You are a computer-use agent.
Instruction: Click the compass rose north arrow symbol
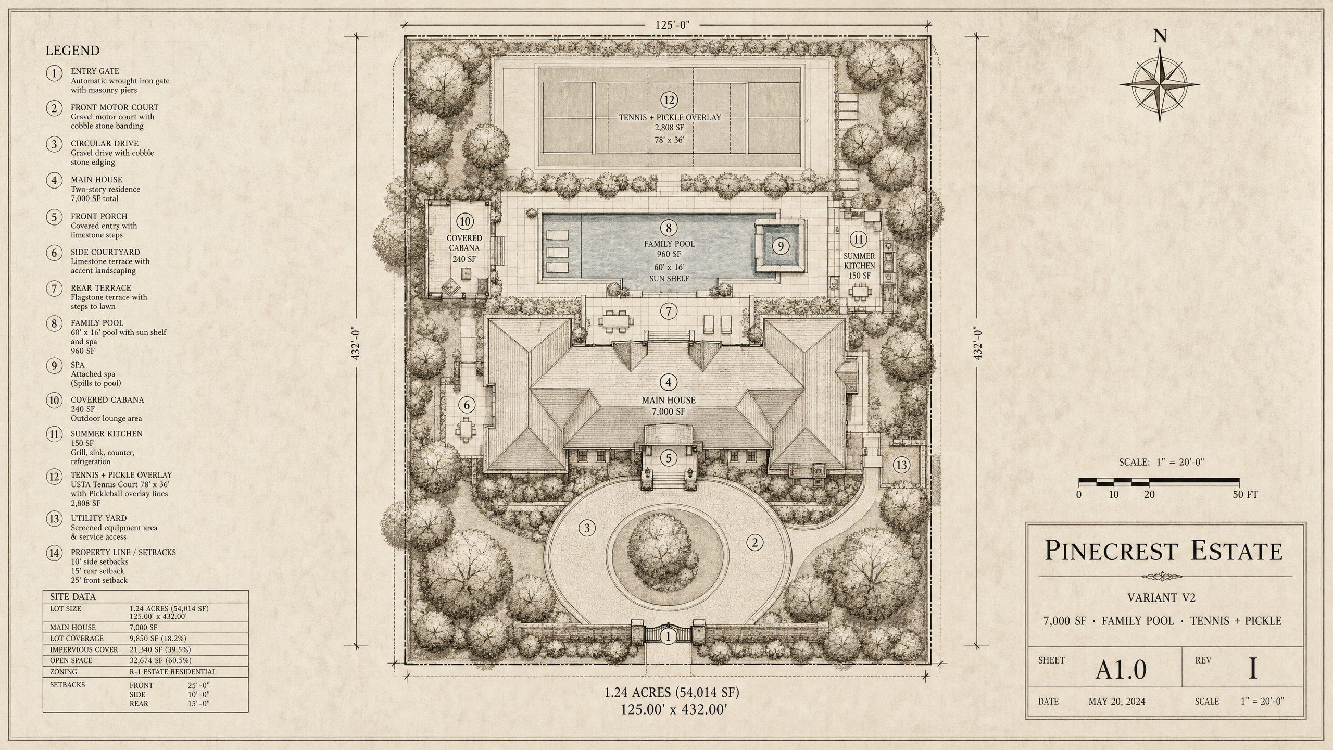pos(1160,84)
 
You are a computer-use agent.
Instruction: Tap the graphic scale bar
pos(1159,482)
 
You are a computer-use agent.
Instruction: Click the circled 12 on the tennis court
pos(669,100)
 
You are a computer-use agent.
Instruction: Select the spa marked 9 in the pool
pos(779,246)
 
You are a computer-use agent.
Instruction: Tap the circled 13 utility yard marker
pos(901,465)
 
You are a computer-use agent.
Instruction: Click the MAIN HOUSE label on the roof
pos(669,400)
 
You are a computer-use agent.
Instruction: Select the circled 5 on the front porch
pos(669,458)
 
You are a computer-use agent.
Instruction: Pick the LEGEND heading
pos(72,51)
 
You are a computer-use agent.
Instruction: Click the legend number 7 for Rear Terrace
pos(54,288)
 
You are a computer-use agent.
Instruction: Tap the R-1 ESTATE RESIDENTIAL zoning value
pos(173,672)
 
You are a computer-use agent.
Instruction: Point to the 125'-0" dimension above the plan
pos(672,25)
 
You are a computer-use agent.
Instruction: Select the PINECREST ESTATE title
pos(1163,551)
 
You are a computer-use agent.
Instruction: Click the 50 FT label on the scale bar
pos(1245,495)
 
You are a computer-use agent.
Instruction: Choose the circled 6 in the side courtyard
pos(466,405)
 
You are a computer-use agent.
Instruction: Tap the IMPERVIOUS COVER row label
pos(84,649)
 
